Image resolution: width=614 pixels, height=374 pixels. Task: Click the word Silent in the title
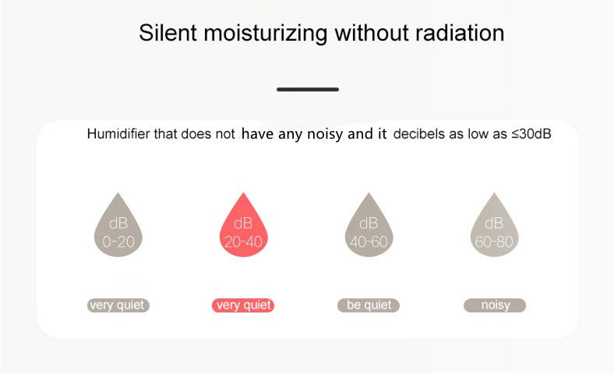(x=168, y=33)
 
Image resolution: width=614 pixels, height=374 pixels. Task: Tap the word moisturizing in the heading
(x=266, y=34)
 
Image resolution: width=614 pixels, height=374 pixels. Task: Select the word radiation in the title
(x=460, y=33)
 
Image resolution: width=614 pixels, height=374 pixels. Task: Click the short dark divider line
(x=308, y=90)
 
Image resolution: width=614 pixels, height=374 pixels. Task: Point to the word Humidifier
(x=118, y=134)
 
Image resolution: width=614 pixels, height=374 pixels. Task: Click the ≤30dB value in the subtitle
(x=531, y=134)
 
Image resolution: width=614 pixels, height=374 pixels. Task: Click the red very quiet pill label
(x=243, y=305)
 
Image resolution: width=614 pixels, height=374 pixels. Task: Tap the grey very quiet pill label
(x=118, y=305)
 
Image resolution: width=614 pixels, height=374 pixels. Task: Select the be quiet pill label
(x=369, y=305)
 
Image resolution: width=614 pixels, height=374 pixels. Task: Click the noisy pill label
(x=495, y=305)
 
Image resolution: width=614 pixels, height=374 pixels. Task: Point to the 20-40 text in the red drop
(x=243, y=242)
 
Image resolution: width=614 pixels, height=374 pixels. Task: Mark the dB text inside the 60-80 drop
(x=494, y=223)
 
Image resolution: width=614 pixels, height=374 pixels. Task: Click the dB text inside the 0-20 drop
(x=118, y=223)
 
